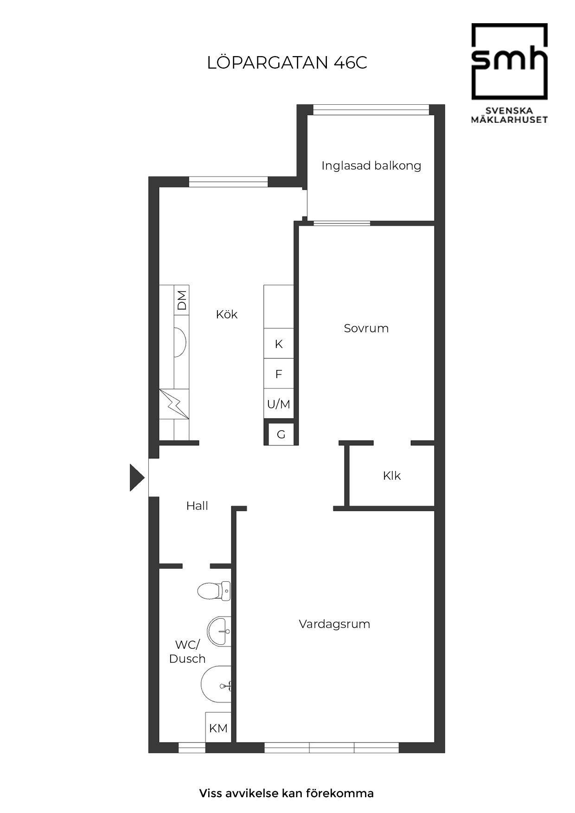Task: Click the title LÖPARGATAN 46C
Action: pos(287,62)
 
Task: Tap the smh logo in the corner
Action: pos(509,73)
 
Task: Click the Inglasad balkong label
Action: pos(371,165)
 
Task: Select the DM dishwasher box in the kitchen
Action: pos(182,300)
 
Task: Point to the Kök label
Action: pos(227,314)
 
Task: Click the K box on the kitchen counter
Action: pos(279,343)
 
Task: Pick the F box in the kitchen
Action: pos(279,374)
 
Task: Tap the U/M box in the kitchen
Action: pos(279,404)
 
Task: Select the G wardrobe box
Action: pos(281,434)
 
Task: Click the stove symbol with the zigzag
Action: pos(174,404)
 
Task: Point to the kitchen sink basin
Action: pos(180,343)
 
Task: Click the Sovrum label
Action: pos(366,328)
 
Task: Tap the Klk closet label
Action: pos(392,476)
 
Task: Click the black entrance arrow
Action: pos(137,477)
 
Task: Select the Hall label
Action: pos(197,506)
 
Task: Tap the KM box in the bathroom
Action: pos(218,728)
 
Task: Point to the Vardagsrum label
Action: pos(334,624)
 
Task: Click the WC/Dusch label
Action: pos(187,651)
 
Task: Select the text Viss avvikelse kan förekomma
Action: pos(287,793)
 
